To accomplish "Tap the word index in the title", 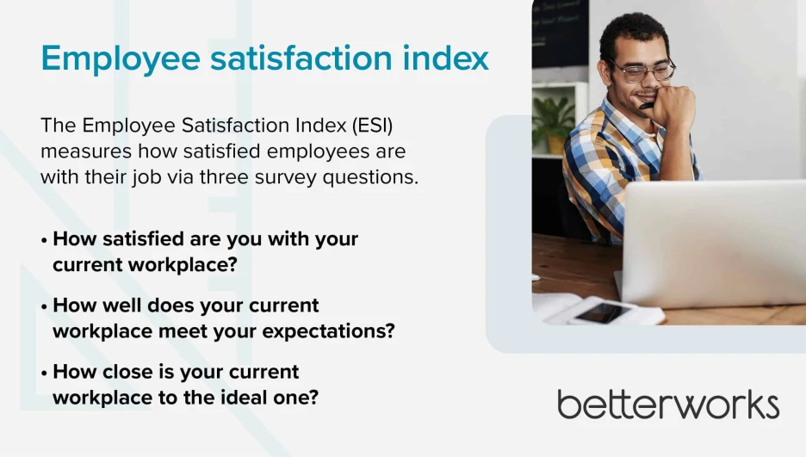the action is [446, 57].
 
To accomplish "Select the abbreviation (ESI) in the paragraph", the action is [373, 126].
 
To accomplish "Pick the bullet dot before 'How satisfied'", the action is [44, 240].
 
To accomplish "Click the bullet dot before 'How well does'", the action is [44, 306].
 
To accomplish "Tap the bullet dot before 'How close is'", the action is [44, 373].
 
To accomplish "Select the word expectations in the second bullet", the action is [328, 331].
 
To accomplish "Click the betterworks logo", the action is [668, 405].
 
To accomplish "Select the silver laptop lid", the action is [715, 244].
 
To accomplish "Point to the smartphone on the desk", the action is [603, 312].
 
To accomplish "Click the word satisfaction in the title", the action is [301, 58].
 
